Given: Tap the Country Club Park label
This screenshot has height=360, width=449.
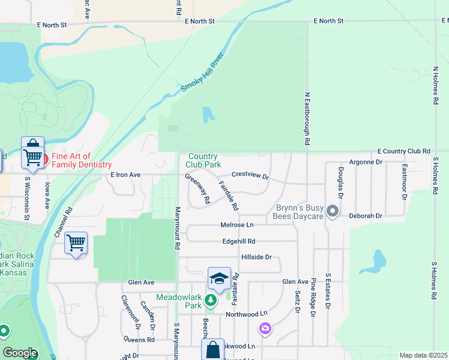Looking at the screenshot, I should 203,160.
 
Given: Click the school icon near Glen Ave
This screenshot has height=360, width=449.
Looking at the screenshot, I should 219,278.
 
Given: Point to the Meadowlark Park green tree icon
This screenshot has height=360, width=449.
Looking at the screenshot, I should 210,300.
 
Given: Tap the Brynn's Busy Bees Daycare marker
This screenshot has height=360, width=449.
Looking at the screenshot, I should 334,212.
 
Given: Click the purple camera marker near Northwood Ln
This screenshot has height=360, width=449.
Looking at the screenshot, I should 265,328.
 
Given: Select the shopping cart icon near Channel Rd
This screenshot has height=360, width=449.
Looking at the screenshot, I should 76,243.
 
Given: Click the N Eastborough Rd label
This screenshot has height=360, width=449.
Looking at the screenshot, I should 307,119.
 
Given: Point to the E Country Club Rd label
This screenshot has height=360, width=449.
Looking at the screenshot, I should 404,151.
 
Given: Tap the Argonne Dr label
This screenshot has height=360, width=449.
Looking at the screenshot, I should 366,163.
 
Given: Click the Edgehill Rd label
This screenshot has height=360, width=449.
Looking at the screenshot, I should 239,241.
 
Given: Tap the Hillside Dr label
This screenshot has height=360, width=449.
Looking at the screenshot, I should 256,257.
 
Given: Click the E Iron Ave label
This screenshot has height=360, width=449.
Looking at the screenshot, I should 125,175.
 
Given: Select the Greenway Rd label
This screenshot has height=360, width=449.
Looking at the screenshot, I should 197,187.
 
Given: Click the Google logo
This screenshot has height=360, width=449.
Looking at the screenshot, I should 19,353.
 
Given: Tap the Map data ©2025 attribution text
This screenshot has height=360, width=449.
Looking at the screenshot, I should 423,355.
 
